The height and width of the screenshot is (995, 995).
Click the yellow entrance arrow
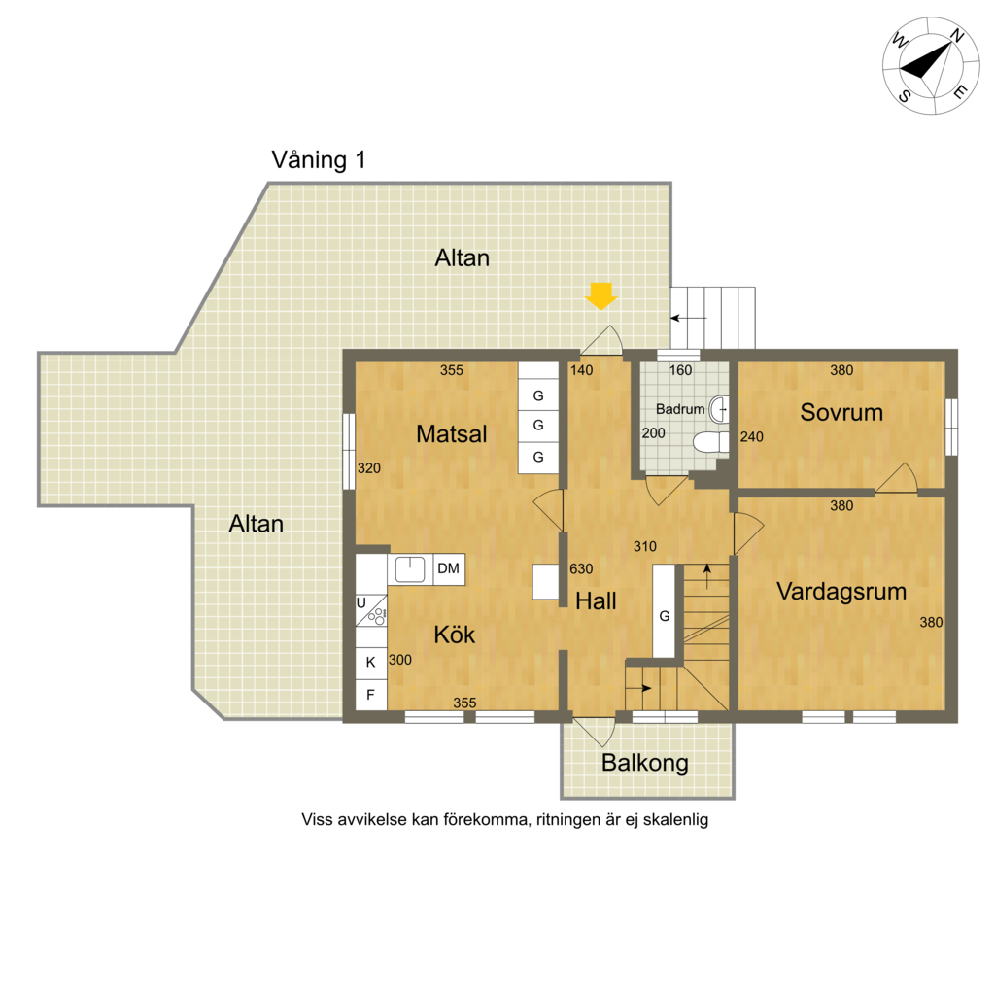coord(600,295)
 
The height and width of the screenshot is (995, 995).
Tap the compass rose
coord(931,66)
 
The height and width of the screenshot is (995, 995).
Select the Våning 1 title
coord(319,160)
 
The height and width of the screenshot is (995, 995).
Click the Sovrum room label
coord(841,412)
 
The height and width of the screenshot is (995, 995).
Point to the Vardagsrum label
coord(841,592)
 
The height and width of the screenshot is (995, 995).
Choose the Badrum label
coord(680,409)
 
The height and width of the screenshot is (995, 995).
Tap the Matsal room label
coord(451,434)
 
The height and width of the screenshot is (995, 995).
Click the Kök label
coord(455,635)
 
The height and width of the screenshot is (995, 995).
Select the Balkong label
coord(645,763)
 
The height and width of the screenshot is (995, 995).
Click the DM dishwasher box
coord(449,569)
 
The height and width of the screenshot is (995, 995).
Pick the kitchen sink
coord(410,569)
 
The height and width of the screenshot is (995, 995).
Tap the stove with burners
coord(371,610)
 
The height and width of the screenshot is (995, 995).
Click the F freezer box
coord(371,695)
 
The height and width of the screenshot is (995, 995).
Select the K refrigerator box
coord(371,663)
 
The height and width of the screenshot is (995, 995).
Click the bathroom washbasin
coord(718,409)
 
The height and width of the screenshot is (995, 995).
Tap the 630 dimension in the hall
coord(581,568)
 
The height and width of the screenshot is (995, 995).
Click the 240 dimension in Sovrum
coord(751,436)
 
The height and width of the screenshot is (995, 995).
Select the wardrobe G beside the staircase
coord(664,610)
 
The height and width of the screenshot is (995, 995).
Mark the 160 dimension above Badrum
coord(681,370)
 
